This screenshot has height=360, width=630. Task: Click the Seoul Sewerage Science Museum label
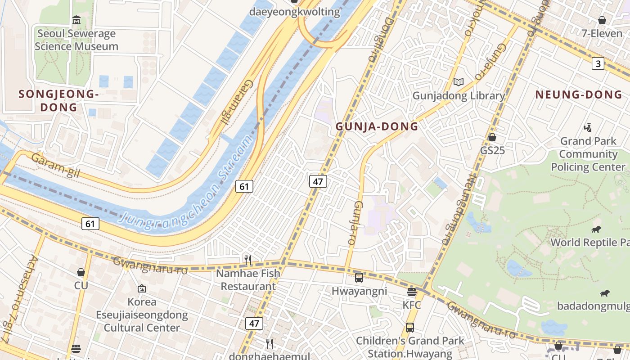click(x=76, y=40)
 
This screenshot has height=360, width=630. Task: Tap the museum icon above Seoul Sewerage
click(x=76, y=20)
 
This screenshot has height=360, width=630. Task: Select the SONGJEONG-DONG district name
click(x=58, y=100)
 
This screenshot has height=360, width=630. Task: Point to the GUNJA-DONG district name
click(x=377, y=126)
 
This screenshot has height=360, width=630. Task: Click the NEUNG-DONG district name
click(x=578, y=94)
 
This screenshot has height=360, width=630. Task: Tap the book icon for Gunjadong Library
click(x=459, y=82)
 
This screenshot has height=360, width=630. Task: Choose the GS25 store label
click(x=492, y=150)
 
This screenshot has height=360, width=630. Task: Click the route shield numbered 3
click(x=598, y=64)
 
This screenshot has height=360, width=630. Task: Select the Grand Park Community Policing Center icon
click(x=588, y=128)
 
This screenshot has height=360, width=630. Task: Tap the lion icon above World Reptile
click(x=597, y=229)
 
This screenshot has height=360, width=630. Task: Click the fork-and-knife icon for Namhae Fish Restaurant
click(x=247, y=260)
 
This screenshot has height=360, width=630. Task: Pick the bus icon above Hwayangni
click(x=359, y=278)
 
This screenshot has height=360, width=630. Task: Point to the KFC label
click(x=412, y=305)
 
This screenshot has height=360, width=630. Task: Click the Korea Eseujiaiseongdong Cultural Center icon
click(x=142, y=288)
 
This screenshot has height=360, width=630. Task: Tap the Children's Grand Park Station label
click(x=410, y=347)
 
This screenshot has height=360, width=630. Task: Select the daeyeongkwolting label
click(x=295, y=12)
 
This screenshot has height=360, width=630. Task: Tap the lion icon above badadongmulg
click(x=604, y=293)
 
